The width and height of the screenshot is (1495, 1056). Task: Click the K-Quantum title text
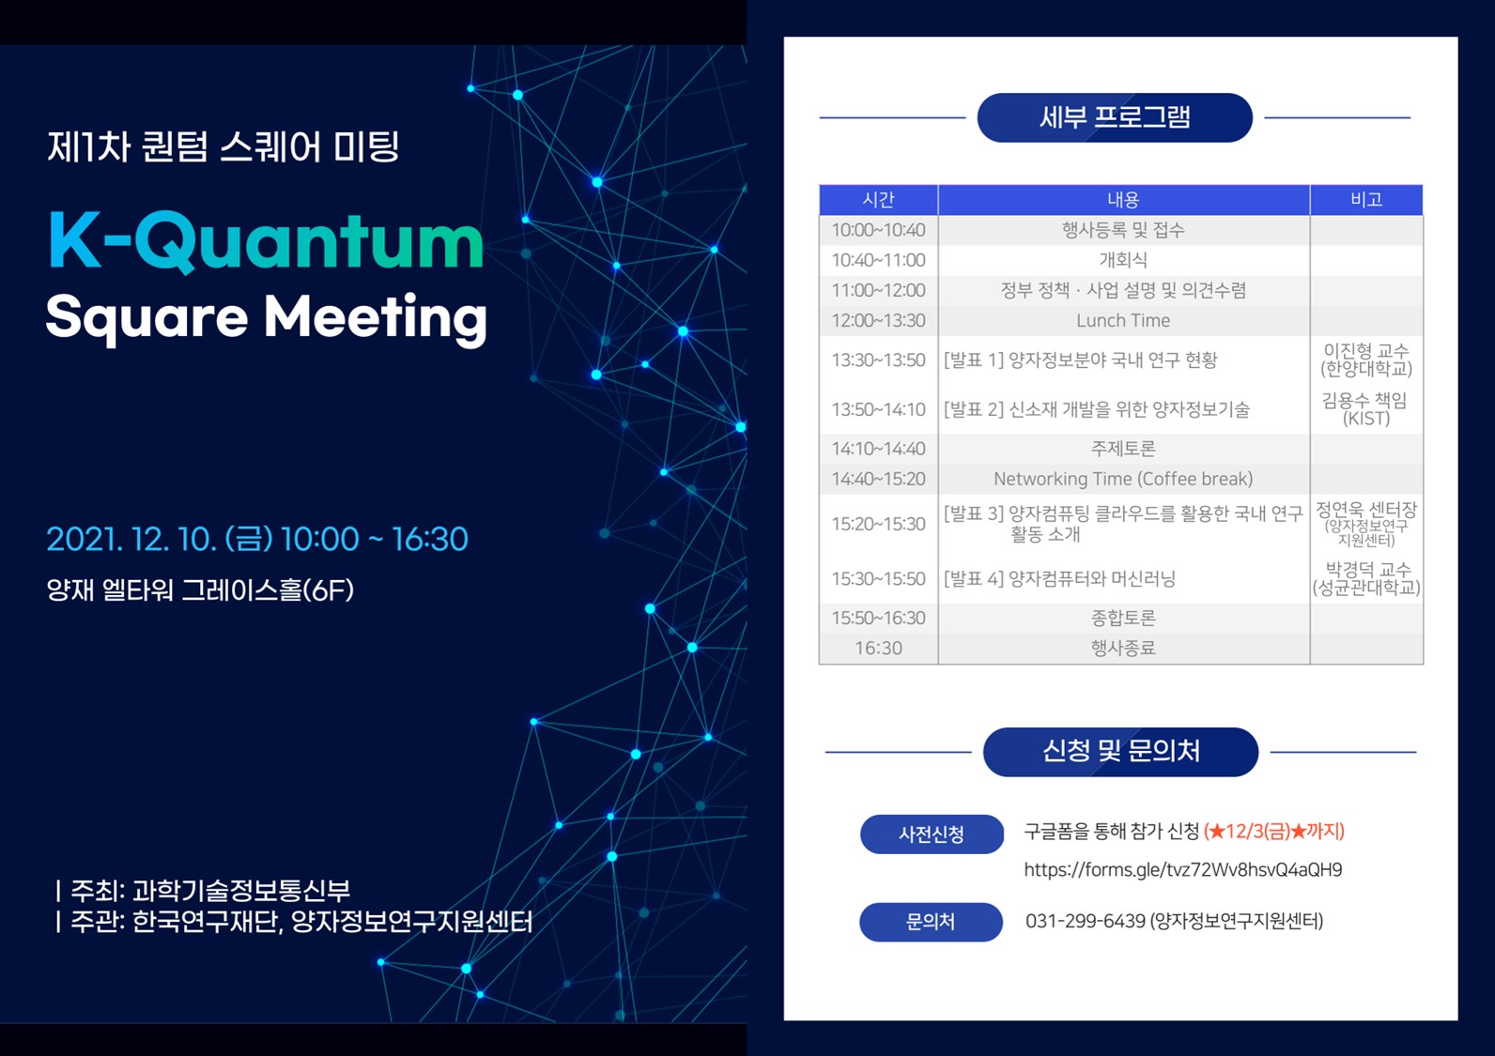click(x=267, y=240)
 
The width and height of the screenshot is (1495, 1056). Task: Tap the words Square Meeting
click(x=267, y=318)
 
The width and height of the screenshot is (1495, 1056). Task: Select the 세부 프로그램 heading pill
click(x=1115, y=117)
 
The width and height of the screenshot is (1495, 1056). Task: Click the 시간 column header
click(x=878, y=199)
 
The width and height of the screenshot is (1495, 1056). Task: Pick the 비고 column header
click(x=1366, y=199)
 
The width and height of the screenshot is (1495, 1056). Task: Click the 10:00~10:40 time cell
click(x=878, y=230)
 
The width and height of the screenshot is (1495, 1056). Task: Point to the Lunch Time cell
click(x=1123, y=321)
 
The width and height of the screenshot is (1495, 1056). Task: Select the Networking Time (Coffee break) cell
click(x=1123, y=479)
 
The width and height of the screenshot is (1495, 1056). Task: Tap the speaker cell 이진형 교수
click(x=1366, y=360)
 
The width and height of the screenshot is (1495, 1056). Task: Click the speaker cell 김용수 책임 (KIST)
click(x=1365, y=409)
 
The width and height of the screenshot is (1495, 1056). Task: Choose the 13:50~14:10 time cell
click(x=878, y=409)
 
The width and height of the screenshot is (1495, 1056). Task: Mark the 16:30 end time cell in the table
click(x=878, y=648)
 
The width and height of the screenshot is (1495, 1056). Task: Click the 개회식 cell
click(x=1123, y=260)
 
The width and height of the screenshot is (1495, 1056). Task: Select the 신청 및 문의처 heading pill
click(x=1120, y=752)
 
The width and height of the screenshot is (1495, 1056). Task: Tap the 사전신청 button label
click(x=932, y=834)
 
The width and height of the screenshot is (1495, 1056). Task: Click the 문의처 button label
click(x=931, y=922)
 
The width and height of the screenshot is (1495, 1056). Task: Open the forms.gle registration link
click(x=1182, y=870)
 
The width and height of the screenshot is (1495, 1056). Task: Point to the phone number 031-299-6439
click(x=1086, y=921)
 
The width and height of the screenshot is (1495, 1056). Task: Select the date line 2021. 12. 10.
click(x=132, y=540)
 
